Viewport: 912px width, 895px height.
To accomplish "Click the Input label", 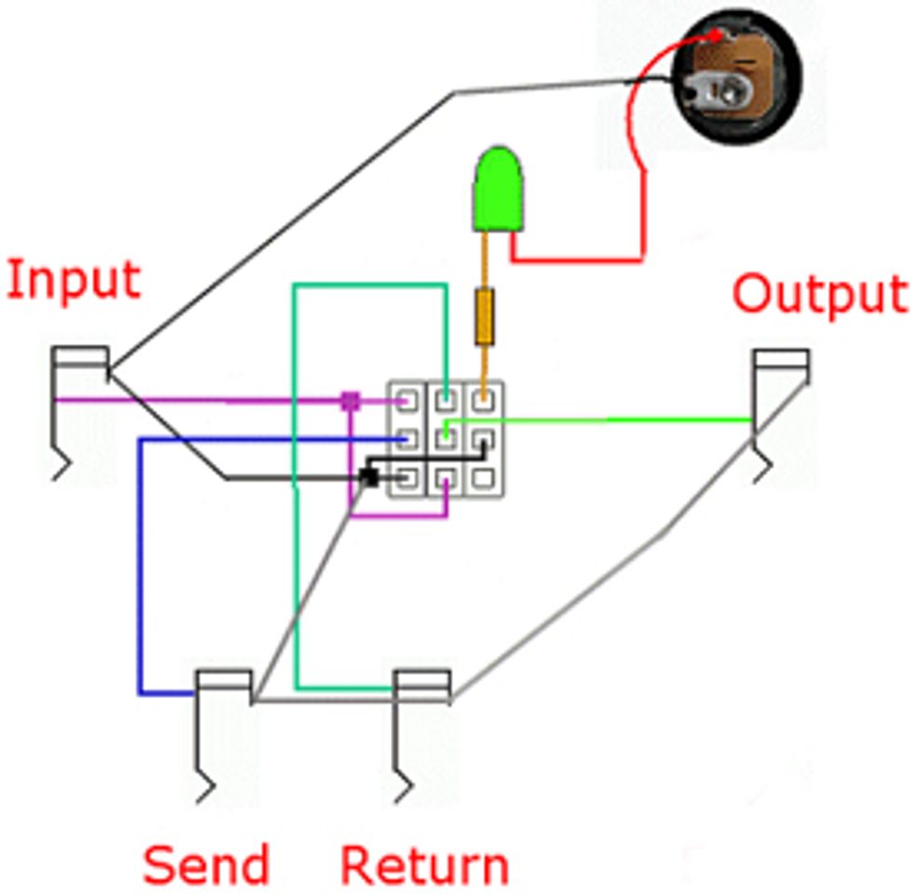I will tap(74, 280).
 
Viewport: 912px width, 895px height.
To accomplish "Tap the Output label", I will tap(819, 294).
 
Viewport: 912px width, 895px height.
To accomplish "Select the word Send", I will tap(206, 864).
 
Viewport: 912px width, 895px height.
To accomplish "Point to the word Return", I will tap(424, 864).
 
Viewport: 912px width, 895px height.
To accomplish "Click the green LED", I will tap(500, 191).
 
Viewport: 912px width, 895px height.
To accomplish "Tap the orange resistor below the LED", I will tap(485, 316).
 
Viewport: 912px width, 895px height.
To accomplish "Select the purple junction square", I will tap(350, 401).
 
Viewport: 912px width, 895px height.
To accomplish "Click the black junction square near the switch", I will tap(369, 476).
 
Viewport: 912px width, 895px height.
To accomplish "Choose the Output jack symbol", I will tap(780, 409).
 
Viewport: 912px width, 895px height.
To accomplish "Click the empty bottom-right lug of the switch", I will tap(482, 478).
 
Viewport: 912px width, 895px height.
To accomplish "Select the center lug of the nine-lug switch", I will tap(446, 437).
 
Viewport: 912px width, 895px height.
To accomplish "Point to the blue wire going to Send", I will tap(140, 577).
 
